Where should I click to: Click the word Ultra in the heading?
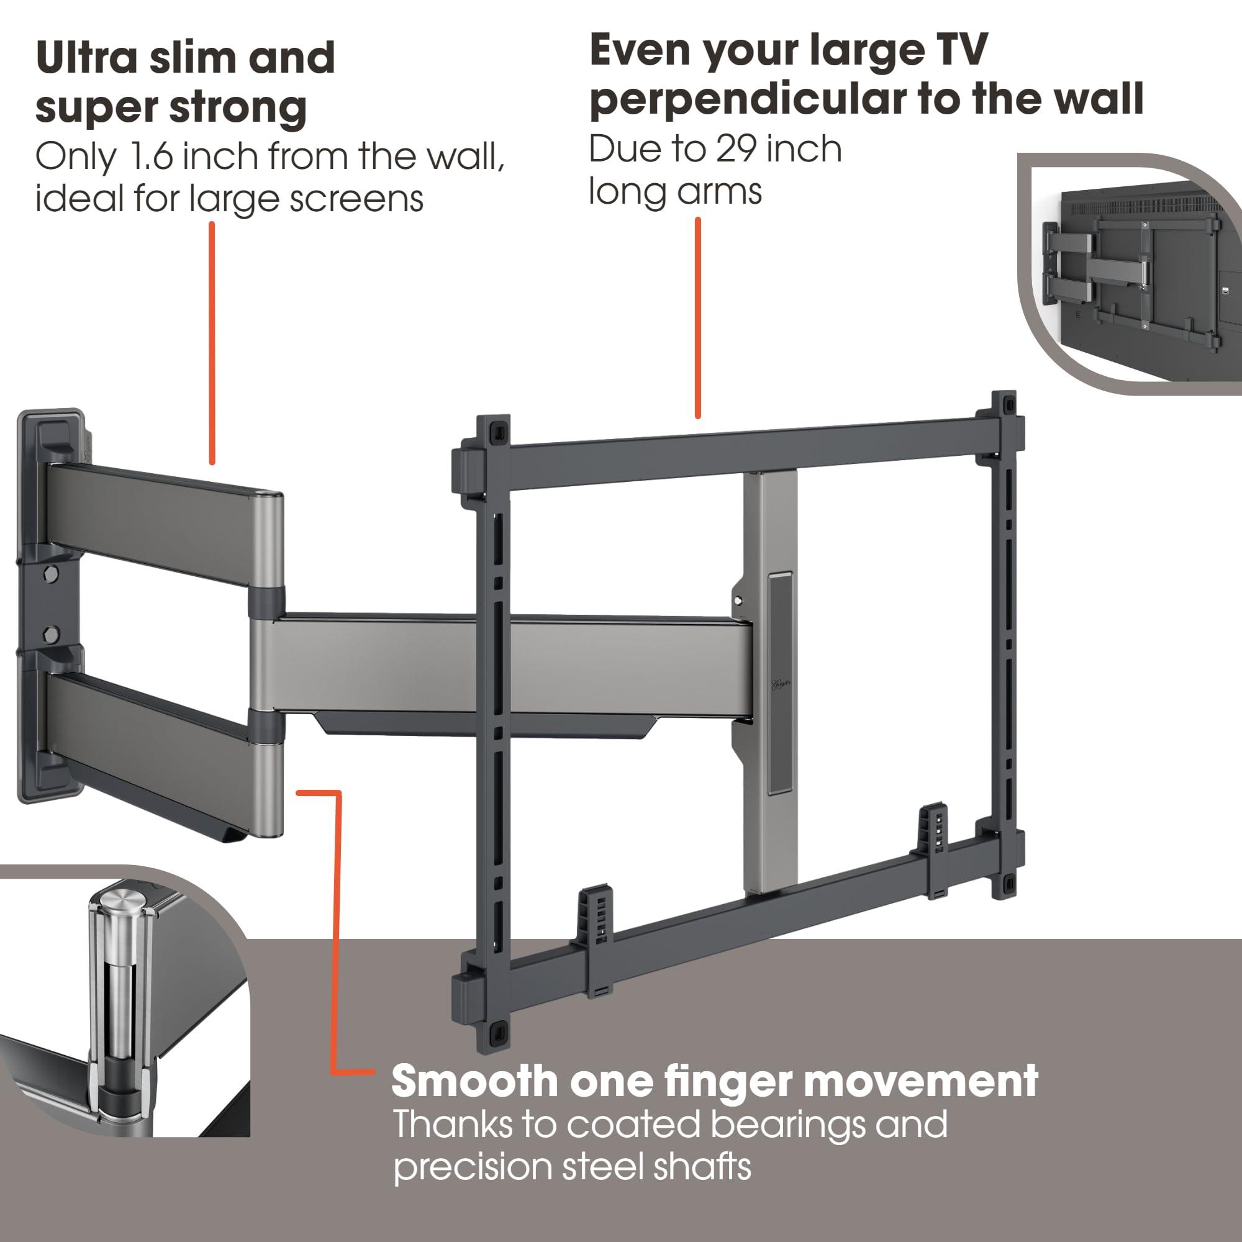87,58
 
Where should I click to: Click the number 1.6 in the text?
151,156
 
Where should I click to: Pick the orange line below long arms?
697,318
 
